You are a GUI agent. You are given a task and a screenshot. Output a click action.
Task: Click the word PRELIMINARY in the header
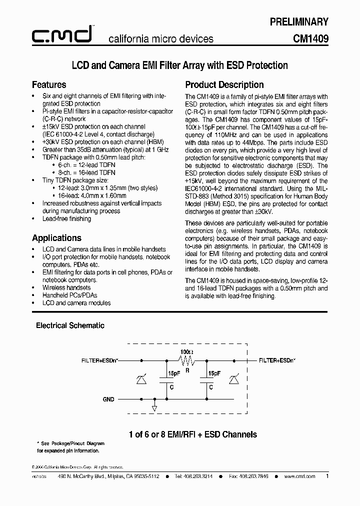(299, 21)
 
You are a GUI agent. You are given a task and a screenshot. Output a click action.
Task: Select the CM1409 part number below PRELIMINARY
(310, 38)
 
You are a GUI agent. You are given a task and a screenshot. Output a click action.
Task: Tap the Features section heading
(49, 84)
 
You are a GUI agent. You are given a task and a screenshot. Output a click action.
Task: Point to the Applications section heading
(56, 238)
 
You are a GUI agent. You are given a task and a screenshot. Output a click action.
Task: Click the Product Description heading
(224, 84)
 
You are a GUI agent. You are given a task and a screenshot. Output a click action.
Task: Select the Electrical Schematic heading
(70, 325)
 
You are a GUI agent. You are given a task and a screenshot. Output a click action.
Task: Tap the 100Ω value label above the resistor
(186, 352)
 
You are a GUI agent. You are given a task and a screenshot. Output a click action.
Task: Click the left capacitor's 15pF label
(173, 373)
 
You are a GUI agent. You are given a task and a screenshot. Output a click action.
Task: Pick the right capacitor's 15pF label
(213, 373)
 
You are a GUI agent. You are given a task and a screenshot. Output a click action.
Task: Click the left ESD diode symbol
(141, 381)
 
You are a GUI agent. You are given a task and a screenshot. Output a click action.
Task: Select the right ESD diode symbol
(233, 381)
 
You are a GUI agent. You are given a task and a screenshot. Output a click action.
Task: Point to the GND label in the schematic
(108, 399)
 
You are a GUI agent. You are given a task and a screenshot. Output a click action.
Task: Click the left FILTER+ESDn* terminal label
(100, 360)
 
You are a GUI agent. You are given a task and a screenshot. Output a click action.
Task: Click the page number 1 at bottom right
(327, 476)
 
